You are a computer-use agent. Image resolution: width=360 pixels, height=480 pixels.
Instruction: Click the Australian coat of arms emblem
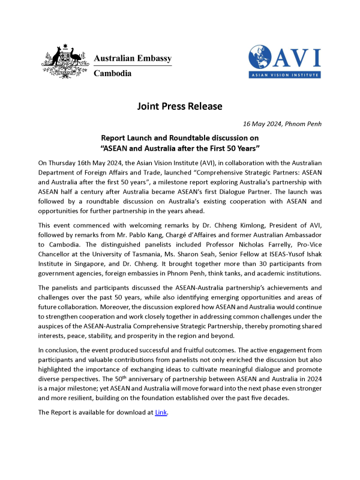[x=62, y=61]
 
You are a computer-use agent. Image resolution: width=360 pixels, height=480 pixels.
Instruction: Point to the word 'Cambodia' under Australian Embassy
[x=112, y=73]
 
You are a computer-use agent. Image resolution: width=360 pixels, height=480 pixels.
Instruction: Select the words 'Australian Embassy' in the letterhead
[x=133, y=58]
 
